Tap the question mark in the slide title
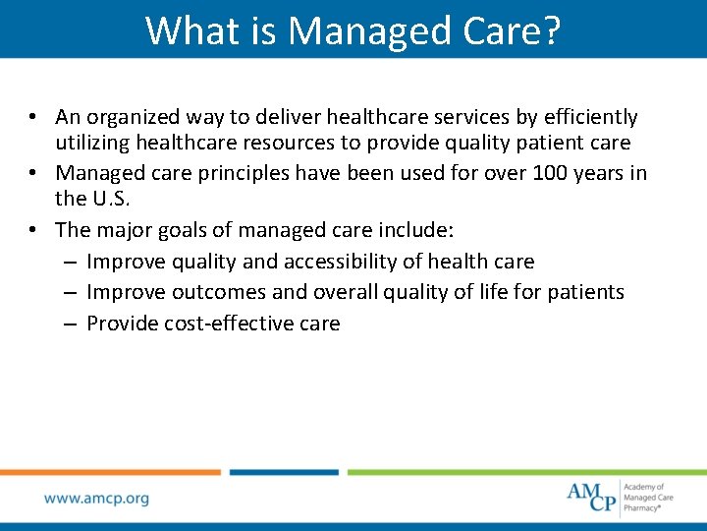click(x=551, y=30)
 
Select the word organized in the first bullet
click(x=133, y=118)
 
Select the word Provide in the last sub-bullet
click(x=124, y=324)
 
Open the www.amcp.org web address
click(x=96, y=499)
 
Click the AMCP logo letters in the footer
click(x=592, y=498)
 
